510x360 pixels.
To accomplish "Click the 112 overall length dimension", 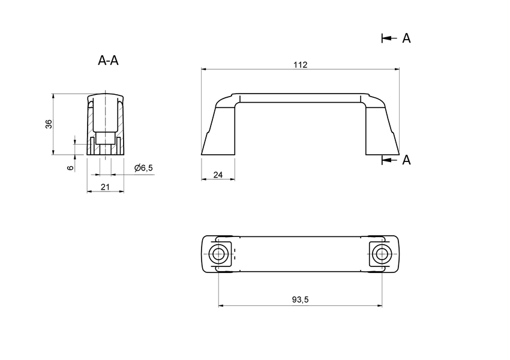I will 301,65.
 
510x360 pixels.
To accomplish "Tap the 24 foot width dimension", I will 218,175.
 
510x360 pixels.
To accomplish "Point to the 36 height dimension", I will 49,124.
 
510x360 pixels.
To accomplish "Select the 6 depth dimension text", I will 70,167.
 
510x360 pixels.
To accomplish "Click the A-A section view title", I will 108,61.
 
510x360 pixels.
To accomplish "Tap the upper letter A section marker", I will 406,38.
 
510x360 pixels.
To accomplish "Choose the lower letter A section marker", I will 406,160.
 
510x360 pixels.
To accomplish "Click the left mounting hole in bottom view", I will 218,254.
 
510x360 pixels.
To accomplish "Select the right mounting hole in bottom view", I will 379,254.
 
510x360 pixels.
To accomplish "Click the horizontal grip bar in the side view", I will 300,98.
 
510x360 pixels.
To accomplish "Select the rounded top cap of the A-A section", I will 106,97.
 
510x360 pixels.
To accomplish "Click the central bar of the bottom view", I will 300,254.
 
